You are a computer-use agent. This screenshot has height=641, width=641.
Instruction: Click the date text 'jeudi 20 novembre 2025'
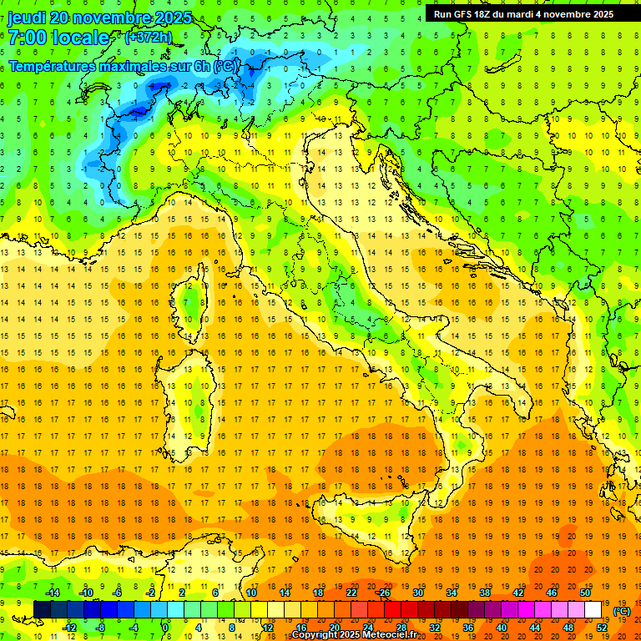99,18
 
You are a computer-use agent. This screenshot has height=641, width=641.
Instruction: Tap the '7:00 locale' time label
58,38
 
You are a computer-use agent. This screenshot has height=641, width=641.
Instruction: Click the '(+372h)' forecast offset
149,38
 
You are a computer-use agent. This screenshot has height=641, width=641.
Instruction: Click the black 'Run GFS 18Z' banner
523,13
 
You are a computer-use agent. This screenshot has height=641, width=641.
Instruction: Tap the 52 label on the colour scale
601,627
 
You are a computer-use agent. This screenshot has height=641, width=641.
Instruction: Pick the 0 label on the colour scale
165,627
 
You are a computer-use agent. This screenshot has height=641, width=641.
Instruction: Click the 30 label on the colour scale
417,592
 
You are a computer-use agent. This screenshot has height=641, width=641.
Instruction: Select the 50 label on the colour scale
584,592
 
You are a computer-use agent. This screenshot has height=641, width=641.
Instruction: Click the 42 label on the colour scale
517,592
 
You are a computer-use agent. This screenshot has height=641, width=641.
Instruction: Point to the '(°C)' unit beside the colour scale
622,610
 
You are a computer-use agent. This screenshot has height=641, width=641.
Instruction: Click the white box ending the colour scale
593,609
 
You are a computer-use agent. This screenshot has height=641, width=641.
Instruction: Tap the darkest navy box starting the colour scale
42,609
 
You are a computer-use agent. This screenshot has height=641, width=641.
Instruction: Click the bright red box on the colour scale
392,609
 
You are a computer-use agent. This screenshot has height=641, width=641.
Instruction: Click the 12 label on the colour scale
267,627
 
